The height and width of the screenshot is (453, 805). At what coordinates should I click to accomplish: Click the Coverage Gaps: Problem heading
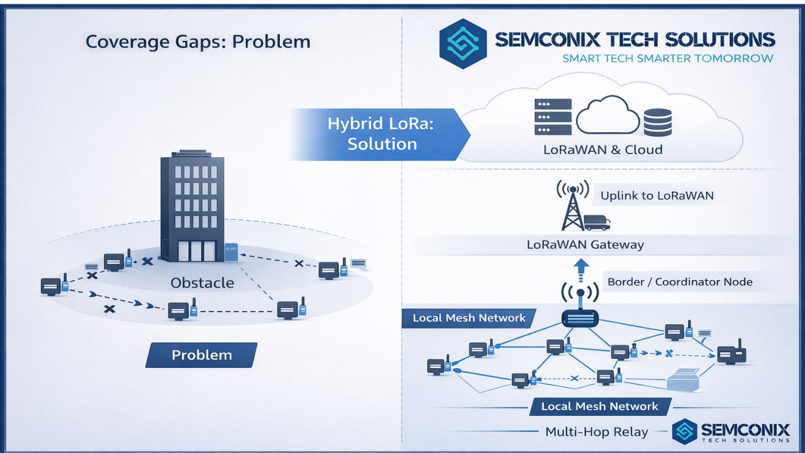coord(198,42)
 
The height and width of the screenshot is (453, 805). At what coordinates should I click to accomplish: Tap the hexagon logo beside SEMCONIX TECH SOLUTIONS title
coord(463,43)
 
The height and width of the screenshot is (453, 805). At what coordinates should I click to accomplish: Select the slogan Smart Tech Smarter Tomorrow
coord(668,59)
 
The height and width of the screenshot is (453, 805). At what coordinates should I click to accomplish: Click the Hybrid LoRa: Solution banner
coord(380,134)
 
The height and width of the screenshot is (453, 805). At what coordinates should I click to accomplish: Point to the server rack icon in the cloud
coord(553,117)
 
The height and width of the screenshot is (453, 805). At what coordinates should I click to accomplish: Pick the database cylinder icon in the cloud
coord(658,123)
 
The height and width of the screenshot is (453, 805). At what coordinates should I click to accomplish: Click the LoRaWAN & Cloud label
coord(602,150)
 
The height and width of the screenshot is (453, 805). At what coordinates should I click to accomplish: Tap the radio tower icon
coord(573,205)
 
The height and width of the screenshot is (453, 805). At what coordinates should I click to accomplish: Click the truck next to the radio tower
coord(597,223)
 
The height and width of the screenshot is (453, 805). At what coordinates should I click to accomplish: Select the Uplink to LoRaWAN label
coord(657,196)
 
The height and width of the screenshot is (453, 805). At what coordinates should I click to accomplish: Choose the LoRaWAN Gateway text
coord(585,245)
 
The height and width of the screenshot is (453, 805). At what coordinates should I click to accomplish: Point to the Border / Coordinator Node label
coord(680,281)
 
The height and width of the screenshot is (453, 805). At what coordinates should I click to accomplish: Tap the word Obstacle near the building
coord(203,283)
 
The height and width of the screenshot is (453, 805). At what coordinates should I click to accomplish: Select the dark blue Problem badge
coord(201,355)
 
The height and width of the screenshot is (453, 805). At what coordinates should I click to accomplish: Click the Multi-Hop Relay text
coord(597,432)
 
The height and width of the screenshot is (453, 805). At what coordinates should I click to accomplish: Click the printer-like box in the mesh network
coord(683,380)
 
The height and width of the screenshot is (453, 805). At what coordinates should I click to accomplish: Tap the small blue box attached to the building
coord(231,252)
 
